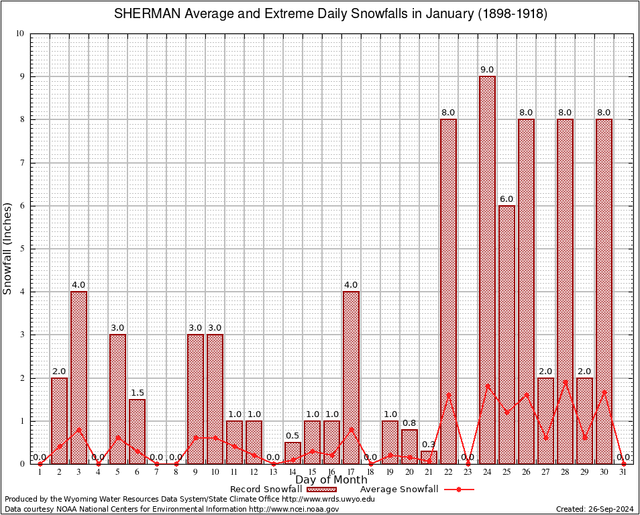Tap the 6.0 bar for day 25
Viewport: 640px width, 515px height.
click(506, 335)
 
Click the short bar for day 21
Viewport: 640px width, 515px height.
click(429, 457)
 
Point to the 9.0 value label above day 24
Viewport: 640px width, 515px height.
click(487, 70)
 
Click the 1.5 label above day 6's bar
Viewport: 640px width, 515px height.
click(137, 392)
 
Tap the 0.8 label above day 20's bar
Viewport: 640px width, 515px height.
click(409, 422)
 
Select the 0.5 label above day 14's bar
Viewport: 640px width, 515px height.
click(292, 435)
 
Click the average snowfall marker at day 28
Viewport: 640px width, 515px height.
click(565, 382)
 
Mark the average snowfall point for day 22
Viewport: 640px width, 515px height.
click(448, 395)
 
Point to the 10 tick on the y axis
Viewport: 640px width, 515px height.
click(19, 34)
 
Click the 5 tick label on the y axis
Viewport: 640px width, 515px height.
click(21, 249)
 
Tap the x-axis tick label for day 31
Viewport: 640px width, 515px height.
click(623, 472)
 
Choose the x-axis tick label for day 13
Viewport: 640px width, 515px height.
click(273, 472)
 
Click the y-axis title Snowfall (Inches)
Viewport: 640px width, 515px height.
click(8, 249)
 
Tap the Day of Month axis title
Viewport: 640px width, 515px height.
click(331, 480)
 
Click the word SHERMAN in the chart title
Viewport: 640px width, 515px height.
click(143, 14)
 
